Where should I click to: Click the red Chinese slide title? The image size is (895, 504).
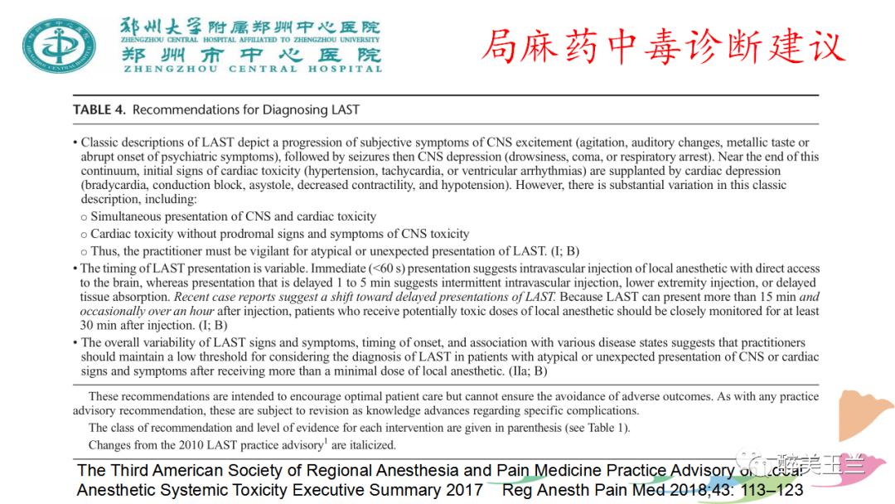point(663,46)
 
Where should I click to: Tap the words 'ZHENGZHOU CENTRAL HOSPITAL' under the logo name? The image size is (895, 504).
point(253,69)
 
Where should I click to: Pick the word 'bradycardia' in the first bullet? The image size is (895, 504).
point(114,186)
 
